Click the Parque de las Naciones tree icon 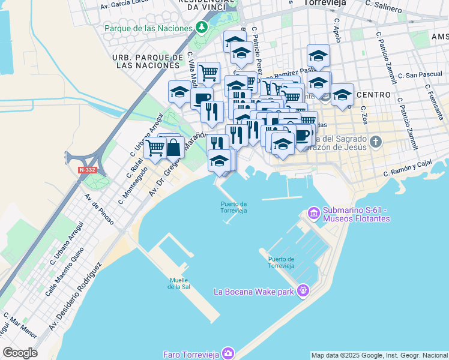pos(202,28)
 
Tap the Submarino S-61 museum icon pos(313,213)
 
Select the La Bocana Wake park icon pos(303,291)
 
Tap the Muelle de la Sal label pos(179,283)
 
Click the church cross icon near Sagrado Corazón pos(376,142)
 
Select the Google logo pos(20,353)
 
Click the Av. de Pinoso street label pos(99,209)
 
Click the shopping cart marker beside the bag pos(155,146)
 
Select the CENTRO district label pos(373,95)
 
